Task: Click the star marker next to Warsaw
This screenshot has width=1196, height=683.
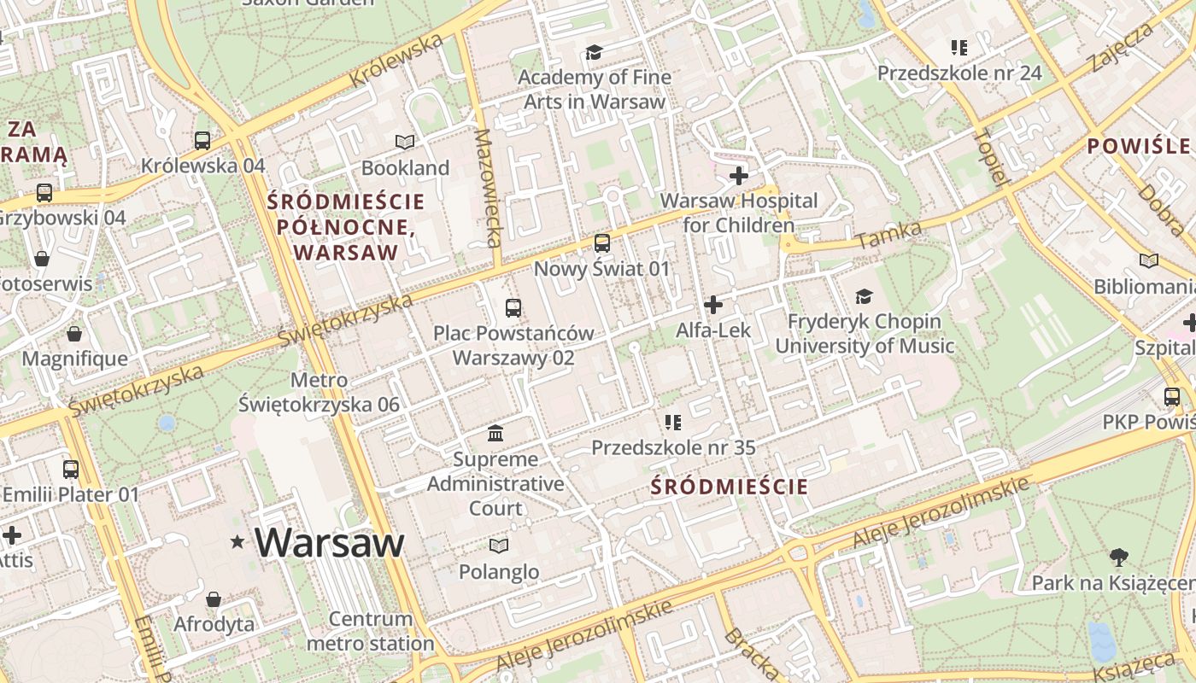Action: pos(237,542)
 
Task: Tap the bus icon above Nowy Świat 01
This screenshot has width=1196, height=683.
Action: pos(602,243)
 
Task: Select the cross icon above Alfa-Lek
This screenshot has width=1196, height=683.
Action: pos(713,304)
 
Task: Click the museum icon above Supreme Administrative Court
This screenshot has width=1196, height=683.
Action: pos(495,434)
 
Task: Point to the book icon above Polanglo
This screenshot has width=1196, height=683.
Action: pos(499,546)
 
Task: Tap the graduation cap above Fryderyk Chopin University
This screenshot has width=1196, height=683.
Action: pos(865,296)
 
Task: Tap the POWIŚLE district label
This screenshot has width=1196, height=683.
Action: pos(1138,146)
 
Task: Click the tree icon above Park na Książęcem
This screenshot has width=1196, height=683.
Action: pos(1118,557)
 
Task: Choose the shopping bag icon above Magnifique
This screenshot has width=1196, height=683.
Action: pos(74,333)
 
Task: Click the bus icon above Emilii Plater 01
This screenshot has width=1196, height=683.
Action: pos(71,469)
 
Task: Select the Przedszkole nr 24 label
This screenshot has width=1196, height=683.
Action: pos(959,73)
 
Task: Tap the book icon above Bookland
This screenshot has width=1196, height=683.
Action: pos(405,142)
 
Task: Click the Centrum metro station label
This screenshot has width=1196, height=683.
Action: pos(371,631)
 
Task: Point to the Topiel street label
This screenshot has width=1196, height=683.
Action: pos(991,157)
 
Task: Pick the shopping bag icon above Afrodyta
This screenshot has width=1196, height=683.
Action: pos(214,599)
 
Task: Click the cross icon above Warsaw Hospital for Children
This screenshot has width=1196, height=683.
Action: pos(739,176)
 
